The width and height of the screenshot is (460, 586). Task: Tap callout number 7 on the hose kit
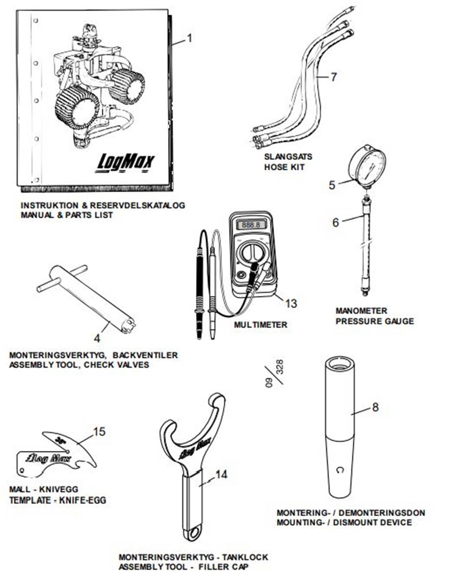pos(334,77)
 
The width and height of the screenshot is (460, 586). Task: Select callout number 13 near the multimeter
pos(291,304)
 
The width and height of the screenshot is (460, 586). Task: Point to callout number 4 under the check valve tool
pos(97,337)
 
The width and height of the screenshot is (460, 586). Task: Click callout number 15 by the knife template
pos(99,432)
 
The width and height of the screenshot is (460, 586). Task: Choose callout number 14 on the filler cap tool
pos(221,474)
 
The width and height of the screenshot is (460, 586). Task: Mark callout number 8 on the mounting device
pos(375,407)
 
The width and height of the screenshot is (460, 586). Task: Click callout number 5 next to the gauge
pos(332,185)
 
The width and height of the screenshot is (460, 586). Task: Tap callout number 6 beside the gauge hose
pos(336,223)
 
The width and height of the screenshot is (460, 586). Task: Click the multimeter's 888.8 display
pos(251,225)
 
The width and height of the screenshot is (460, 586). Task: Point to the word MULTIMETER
pos(260,325)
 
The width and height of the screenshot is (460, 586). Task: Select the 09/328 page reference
pos(275,375)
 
